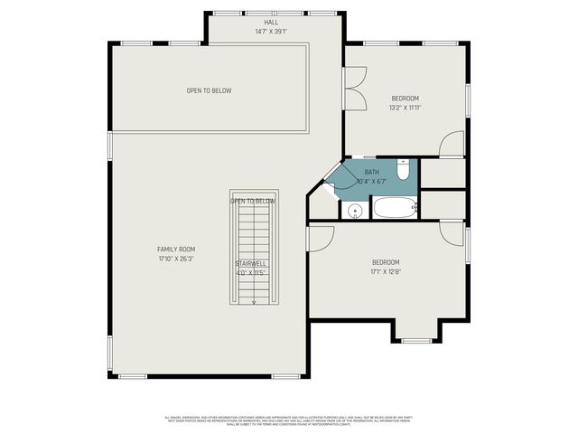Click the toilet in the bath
404,169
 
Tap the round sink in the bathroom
355,211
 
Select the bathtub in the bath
394,208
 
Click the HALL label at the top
271,22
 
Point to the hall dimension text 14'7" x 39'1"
271,32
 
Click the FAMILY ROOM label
176,249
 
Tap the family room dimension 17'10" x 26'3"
176,259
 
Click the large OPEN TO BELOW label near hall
210,90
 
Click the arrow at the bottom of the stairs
254,302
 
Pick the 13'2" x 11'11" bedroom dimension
405,108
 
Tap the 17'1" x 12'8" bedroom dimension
386,271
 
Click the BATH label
371,172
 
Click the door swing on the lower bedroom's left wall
319,237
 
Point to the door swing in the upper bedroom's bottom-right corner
452,145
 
